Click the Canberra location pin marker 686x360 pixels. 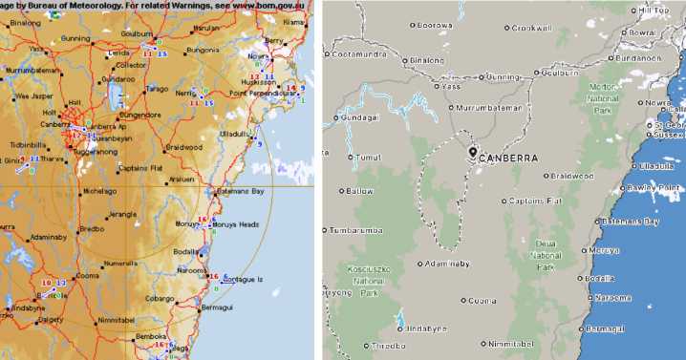click(x=472, y=153)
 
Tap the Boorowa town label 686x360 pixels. click(x=436, y=26)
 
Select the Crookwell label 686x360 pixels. click(x=531, y=28)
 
